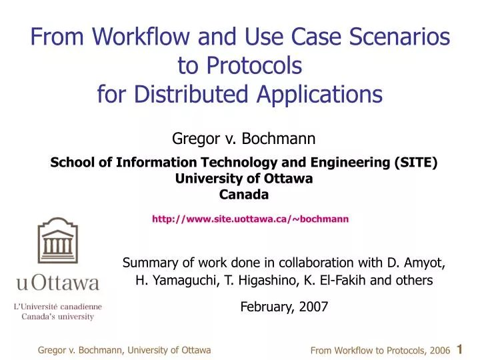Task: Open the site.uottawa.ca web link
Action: (250, 219)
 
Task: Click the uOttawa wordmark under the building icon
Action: (59, 284)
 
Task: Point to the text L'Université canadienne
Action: (59, 307)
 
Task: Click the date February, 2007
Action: (284, 307)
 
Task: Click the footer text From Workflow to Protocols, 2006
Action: (380, 350)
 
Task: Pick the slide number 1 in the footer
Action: (461, 349)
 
